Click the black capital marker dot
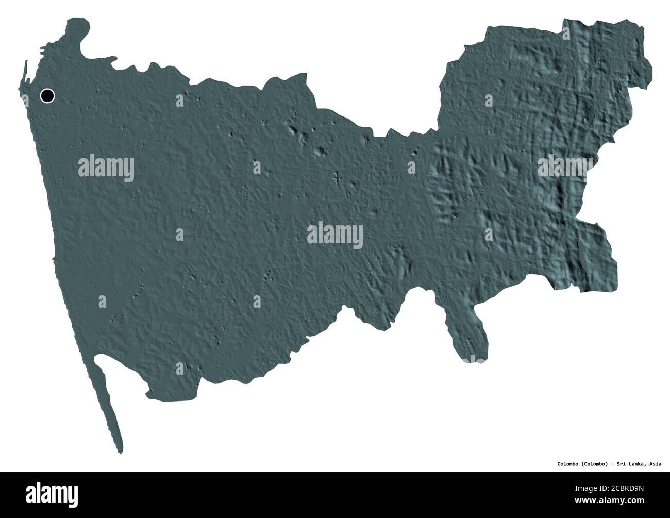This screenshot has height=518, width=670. coord(47,95)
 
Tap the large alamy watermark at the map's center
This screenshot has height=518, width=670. coord(335,236)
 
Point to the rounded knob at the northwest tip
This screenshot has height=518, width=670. coord(78,28)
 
